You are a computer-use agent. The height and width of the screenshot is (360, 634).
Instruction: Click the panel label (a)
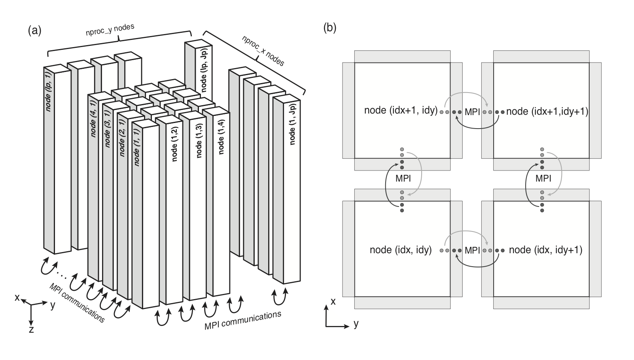(34, 30)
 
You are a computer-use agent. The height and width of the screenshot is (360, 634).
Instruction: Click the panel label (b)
(330, 28)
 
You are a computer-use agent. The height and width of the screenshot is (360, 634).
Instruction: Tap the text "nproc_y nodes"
(110, 30)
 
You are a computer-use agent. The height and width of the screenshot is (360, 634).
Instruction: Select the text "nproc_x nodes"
(263, 51)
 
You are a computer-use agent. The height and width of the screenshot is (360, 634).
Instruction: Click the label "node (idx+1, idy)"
(401, 110)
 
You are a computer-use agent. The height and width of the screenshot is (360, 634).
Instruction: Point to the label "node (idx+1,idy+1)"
(547, 111)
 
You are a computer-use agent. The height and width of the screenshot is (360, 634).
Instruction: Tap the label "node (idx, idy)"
(401, 250)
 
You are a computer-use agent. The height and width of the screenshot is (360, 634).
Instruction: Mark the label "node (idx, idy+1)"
(546, 250)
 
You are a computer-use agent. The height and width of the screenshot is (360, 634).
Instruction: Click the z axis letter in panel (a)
(31, 330)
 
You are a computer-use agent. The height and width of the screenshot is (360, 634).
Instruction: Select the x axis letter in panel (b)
(333, 301)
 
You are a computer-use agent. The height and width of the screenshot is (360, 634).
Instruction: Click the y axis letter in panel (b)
(356, 324)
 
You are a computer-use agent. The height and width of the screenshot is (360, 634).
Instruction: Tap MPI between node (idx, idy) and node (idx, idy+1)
(472, 250)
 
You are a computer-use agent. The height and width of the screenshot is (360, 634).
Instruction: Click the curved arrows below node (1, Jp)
(279, 296)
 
